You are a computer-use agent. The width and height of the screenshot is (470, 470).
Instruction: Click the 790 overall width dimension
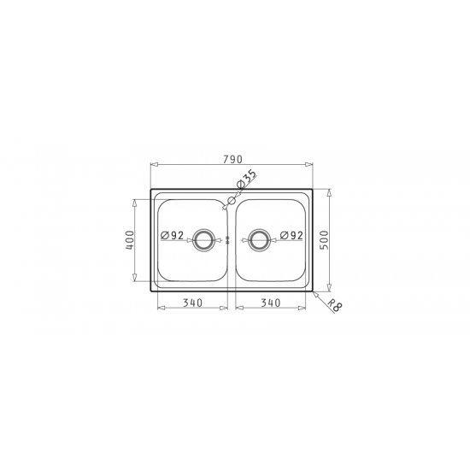point(232,160)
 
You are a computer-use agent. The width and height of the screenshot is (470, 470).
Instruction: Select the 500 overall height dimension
point(325,240)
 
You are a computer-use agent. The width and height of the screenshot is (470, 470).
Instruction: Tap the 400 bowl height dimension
point(130,240)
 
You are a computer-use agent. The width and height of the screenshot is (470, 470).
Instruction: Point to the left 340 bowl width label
point(193,303)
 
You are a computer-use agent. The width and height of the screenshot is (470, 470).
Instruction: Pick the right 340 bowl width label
point(271,303)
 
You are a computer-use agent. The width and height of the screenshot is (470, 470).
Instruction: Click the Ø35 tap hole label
point(247,179)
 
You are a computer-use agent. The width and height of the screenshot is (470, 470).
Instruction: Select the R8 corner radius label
point(334,306)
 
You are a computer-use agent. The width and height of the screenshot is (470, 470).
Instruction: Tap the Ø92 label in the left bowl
point(172,235)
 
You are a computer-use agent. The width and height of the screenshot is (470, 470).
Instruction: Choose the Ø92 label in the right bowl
point(291,235)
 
